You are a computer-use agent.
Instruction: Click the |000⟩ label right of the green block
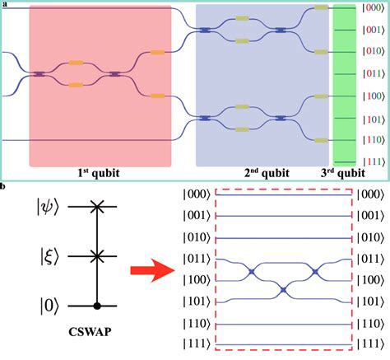[x=372, y=10]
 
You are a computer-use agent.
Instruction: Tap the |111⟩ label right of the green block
[x=372, y=160]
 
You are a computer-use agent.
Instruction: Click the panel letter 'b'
[x=4, y=187]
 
